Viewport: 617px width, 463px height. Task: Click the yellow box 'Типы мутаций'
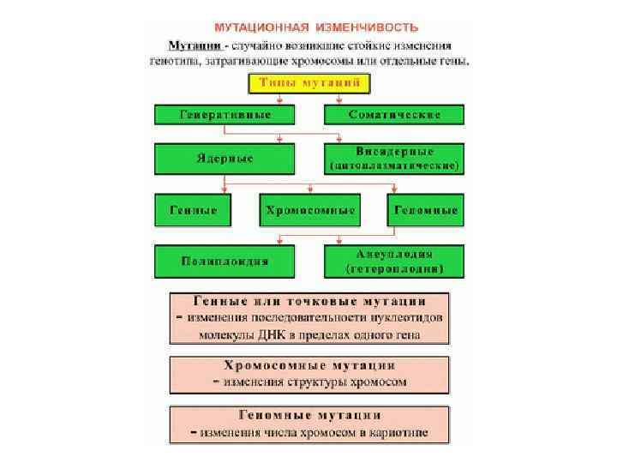click(308, 83)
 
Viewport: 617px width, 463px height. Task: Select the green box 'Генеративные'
click(225, 115)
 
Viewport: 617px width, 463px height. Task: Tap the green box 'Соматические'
click(394, 115)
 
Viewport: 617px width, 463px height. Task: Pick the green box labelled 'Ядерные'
click(225, 159)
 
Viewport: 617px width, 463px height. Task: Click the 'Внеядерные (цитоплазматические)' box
click(394, 159)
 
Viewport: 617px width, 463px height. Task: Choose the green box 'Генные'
click(193, 210)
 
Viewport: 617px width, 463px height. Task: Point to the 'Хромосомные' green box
click(309, 210)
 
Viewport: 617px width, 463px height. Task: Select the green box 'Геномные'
click(426, 210)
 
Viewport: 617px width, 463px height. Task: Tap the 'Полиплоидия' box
click(225, 262)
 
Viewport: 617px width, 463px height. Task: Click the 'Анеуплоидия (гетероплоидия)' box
click(394, 262)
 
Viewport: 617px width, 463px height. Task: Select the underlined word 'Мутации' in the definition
click(195, 45)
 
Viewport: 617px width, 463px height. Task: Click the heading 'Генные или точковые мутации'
click(309, 302)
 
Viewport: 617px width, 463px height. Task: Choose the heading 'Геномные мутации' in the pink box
click(309, 416)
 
